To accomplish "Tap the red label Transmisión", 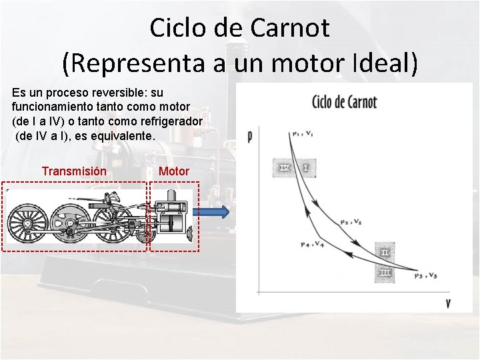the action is tap(73, 171).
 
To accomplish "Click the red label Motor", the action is tap(174, 171).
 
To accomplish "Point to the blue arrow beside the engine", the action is tap(213, 213).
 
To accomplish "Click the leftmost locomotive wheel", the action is tap(28, 223).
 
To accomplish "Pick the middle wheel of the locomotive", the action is tap(69, 223).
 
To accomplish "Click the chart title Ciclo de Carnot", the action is tap(344, 103).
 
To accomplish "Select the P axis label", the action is tap(249, 137).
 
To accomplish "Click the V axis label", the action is tap(448, 303).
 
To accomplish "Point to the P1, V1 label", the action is tap(302, 135).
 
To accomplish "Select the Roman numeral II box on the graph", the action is tap(385, 253).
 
